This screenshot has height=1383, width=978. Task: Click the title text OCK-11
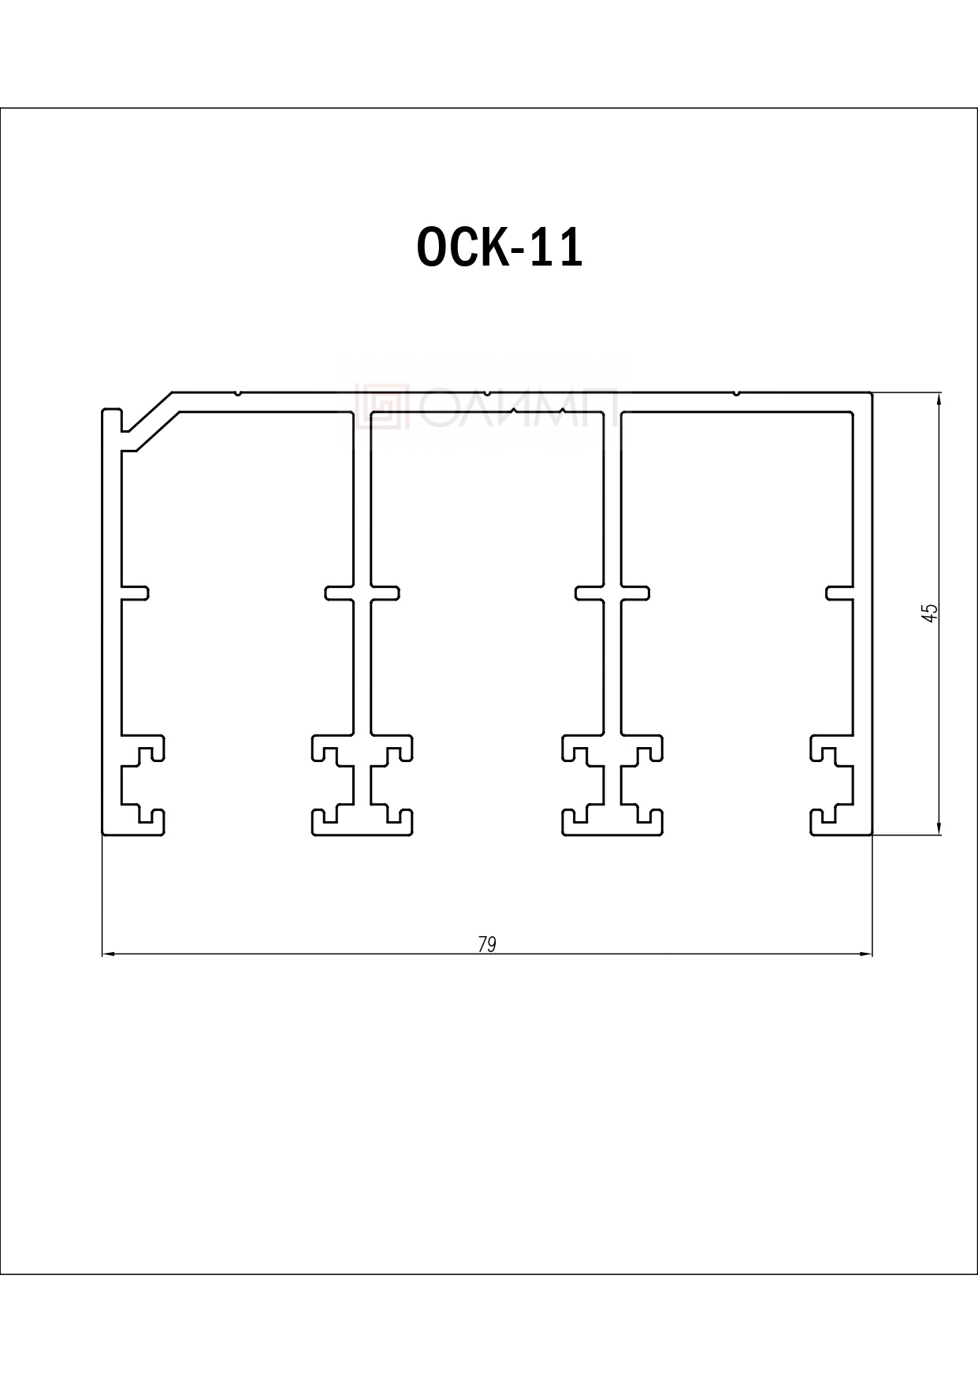[x=500, y=247]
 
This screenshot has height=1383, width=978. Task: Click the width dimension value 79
[x=487, y=944]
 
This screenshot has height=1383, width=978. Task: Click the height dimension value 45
[x=930, y=613]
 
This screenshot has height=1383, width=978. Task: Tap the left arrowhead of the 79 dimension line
[x=110, y=955]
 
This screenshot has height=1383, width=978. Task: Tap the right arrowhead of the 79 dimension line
[x=865, y=955]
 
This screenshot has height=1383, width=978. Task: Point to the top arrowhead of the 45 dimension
[x=939, y=400]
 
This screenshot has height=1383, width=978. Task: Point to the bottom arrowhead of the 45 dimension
[x=939, y=825]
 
